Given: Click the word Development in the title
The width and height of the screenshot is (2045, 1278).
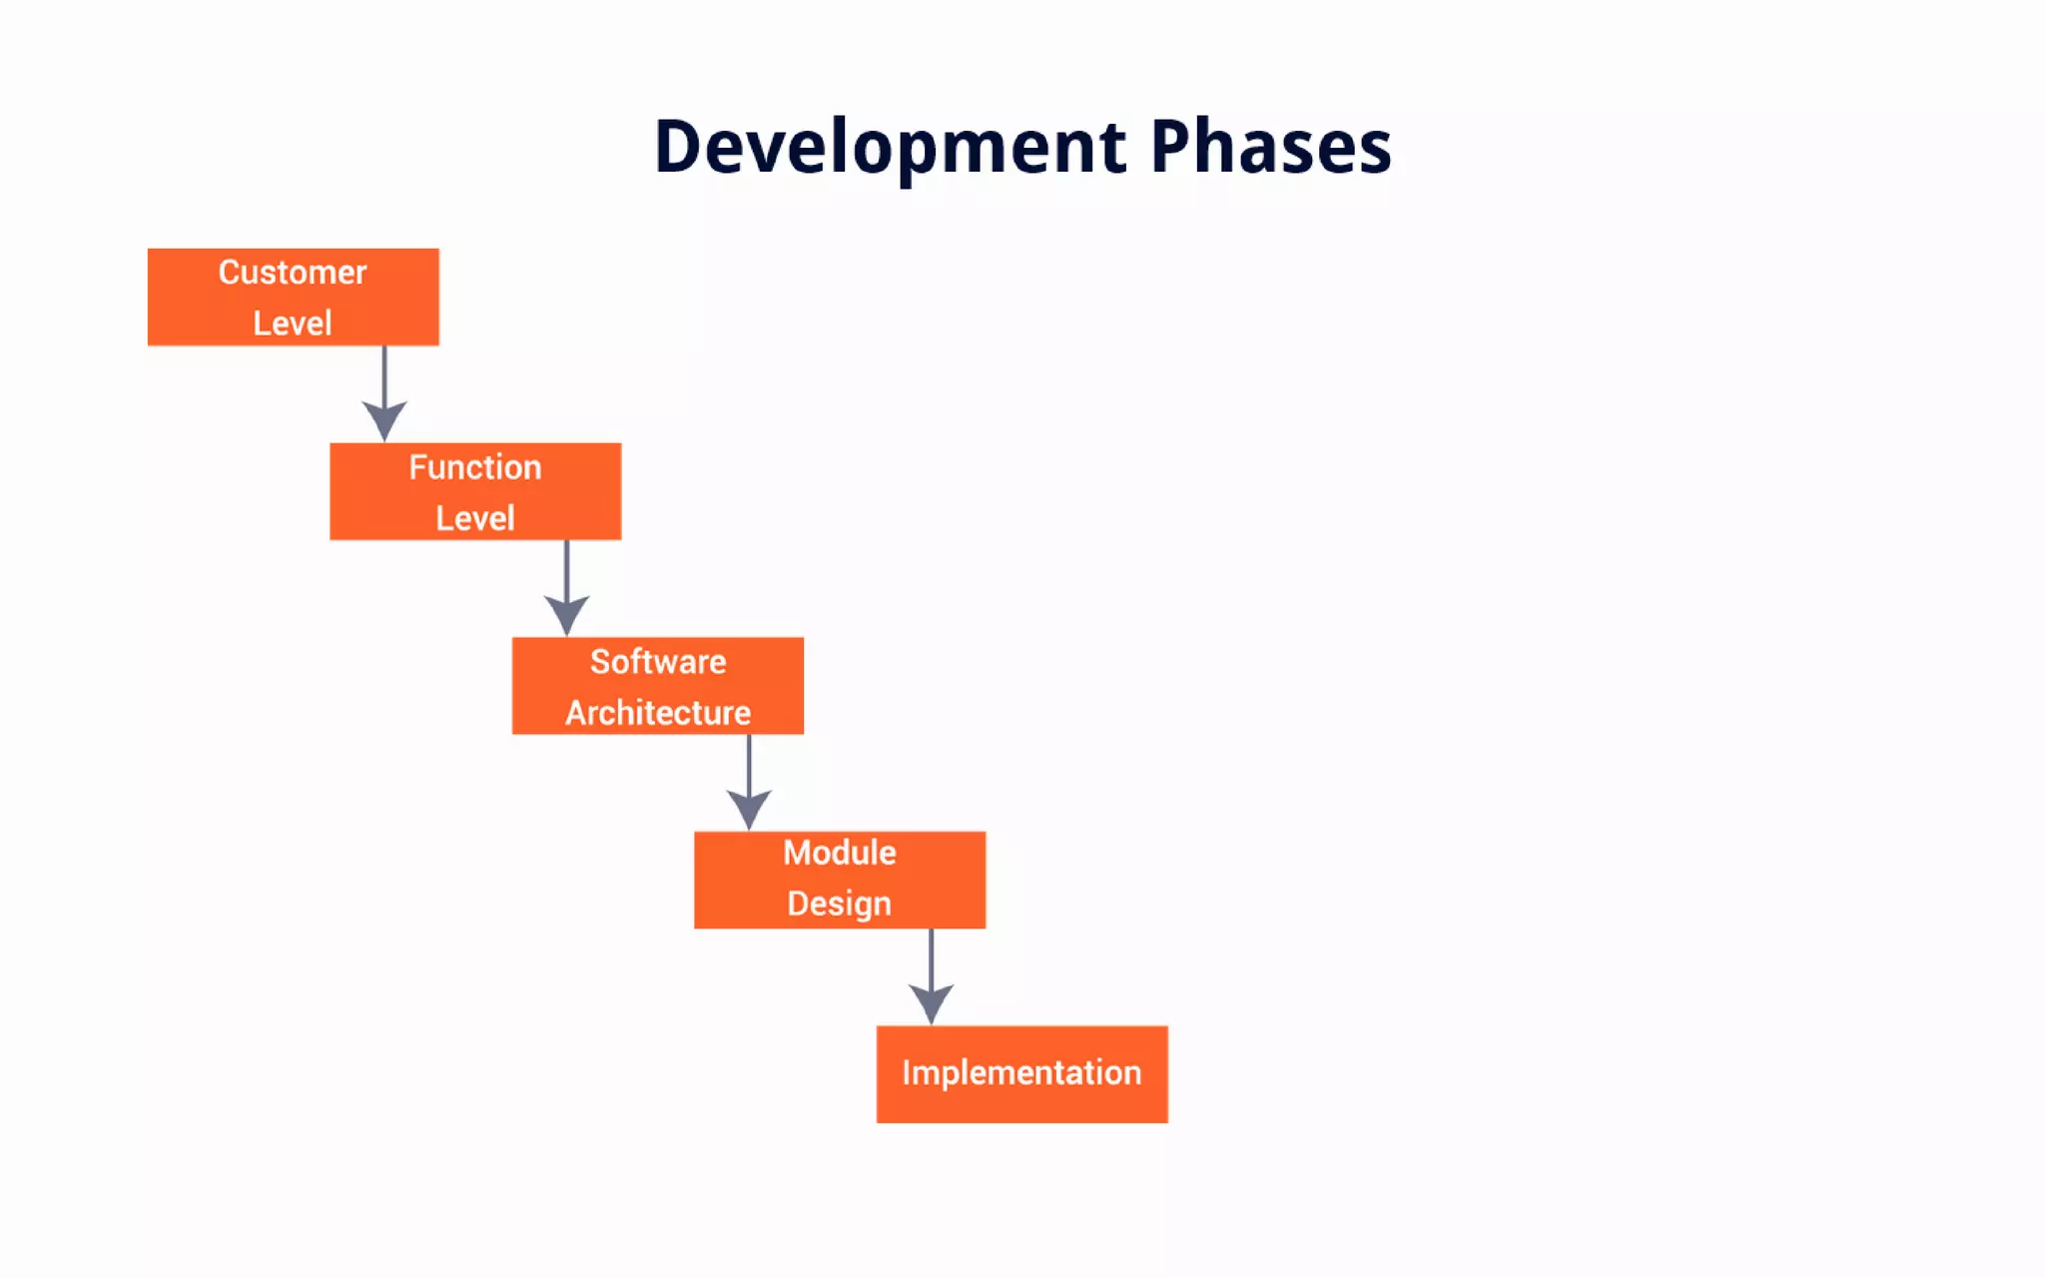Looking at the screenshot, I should (x=890, y=148).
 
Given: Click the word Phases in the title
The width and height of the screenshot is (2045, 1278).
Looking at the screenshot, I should (x=1270, y=148).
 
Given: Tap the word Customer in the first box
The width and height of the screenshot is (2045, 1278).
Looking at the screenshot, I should (x=293, y=273).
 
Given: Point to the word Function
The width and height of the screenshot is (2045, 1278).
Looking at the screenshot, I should (x=475, y=467).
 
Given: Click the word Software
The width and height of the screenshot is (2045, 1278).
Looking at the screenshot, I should (x=658, y=662).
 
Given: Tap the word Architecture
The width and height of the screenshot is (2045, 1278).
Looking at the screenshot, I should (x=658, y=713).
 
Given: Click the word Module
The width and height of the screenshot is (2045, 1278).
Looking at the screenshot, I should (x=840, y=853).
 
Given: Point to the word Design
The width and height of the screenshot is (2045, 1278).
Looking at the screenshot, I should (x=839, y=904).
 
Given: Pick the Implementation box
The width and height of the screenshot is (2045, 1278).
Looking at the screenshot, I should (x=1022, y=1073).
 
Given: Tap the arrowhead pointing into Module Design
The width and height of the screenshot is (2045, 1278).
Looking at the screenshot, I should (x=749, y=808).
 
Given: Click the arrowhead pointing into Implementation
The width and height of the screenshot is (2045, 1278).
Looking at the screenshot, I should (x=931, y=1002).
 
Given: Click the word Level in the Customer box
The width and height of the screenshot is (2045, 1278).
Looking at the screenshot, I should (x=293, y=323).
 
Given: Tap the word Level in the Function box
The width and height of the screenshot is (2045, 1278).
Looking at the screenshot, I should (x=475, y=518).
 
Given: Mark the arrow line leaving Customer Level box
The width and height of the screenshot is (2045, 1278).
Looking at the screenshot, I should (x=384, y=374).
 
